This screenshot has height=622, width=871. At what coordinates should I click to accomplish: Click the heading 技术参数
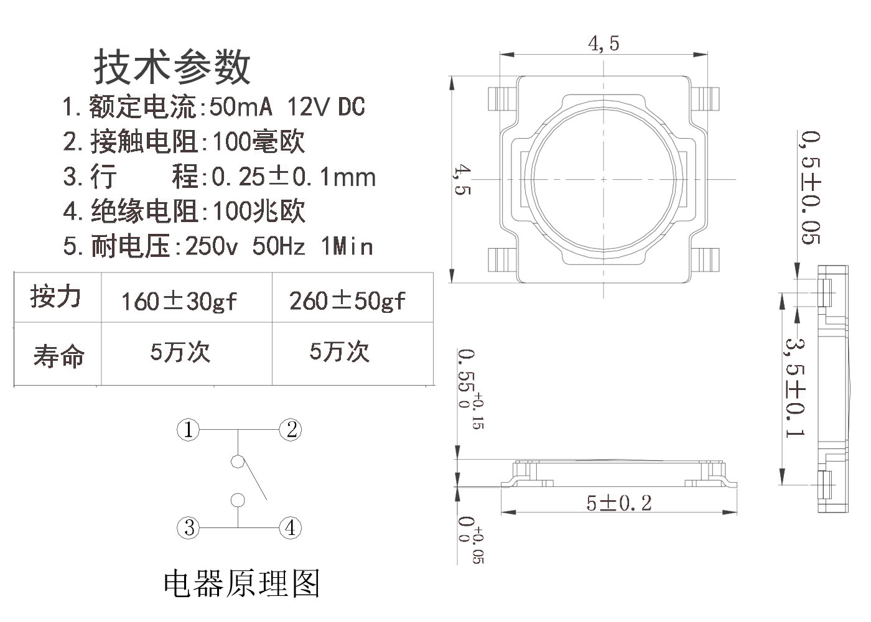click(172, 67)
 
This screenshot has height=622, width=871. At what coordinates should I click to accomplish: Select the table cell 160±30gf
click(179, 301)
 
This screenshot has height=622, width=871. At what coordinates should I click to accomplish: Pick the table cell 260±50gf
click(347, 300)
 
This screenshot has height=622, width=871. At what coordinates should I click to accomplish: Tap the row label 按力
click(56, 297)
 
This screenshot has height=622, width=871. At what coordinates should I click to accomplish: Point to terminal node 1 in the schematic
click(188, 429)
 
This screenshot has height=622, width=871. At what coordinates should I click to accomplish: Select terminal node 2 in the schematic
click(291, 429)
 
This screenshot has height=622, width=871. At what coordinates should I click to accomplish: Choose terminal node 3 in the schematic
click(189, 527)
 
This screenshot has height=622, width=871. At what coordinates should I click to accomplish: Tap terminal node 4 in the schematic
click(290, 527)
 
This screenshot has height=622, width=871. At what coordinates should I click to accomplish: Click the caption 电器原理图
click(241, 583)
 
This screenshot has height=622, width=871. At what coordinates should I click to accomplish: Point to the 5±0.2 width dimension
click(619, 503)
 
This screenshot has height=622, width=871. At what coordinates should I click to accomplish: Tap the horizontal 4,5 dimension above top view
click(603, 43)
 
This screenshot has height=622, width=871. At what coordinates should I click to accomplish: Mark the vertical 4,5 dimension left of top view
click(462, 180)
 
